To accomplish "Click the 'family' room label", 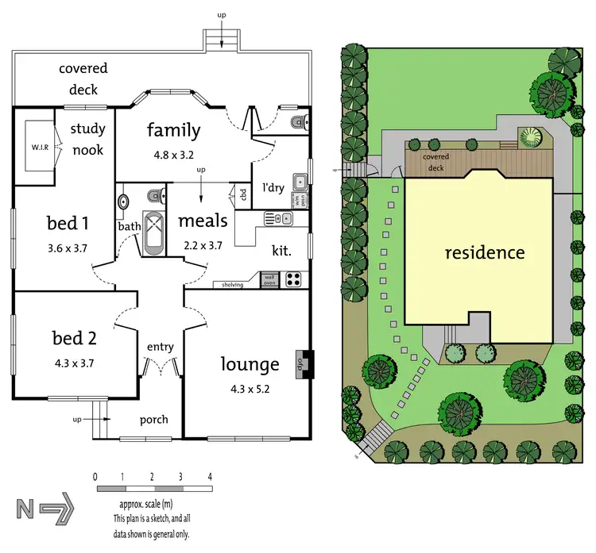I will coord(172,129).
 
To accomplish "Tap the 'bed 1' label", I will coord(68,223).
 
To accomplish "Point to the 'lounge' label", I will coord(250,364).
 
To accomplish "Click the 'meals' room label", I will coord(203,221).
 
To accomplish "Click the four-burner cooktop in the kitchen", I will coord(292,278).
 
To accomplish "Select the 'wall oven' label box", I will coord(269,278).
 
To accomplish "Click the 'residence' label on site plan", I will coord(484,253).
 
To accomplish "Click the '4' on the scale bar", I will coord(210,477).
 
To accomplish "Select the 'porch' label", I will coord(153,420).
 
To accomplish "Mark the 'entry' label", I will coord(160,347).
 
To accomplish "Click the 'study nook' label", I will coord(87,139).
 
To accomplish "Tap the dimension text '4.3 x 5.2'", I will coord(249,390).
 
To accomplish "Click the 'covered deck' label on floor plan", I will coord(83,79).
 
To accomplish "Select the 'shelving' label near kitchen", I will coord(232,284).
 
